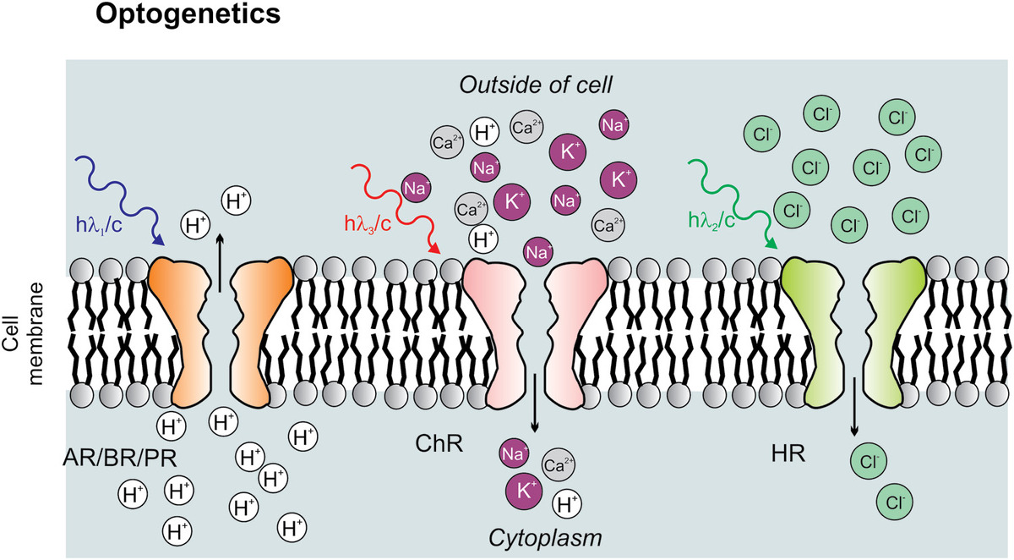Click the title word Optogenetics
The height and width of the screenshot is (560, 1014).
(188, 15)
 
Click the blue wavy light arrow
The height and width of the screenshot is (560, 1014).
(118, 195)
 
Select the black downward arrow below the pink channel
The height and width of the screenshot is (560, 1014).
(536, 405)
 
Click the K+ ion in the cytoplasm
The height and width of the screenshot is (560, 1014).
(521, 489)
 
